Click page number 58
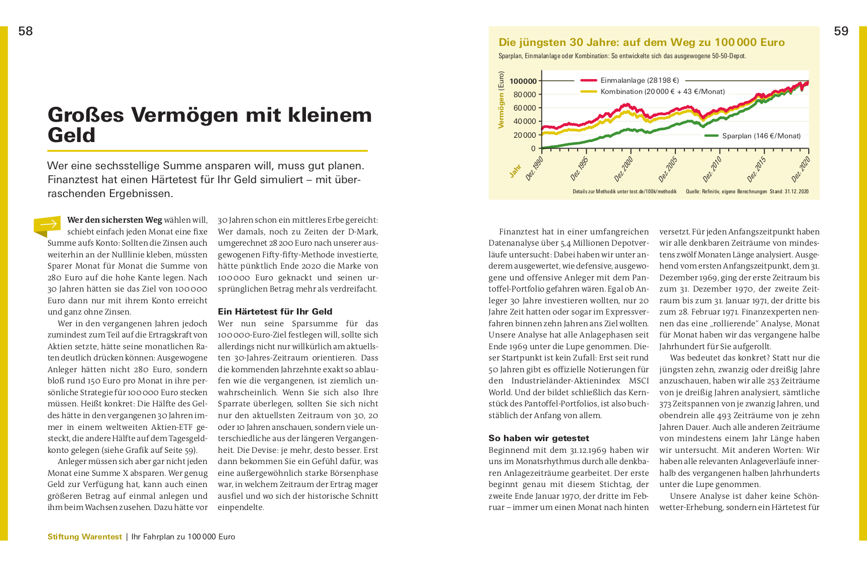(x=25, y=31)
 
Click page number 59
(x=841, y=31)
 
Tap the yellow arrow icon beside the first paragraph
(x=48, y=225)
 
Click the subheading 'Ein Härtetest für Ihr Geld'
(x=275, y=311)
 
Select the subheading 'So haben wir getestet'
(x=539, y=438)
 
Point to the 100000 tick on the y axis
(x=523, y=81)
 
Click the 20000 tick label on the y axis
(x=524, y=135)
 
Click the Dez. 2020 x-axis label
(x=800, y=169)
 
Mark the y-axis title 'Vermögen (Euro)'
(x=501, y=100)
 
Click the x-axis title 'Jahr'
(x=515, y=171)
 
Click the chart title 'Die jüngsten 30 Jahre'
(x=641, y=42)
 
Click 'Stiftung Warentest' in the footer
(x=84, y=537)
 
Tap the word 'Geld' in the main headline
(x=72, y=135)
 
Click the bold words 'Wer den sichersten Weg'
(x=114, y=220)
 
